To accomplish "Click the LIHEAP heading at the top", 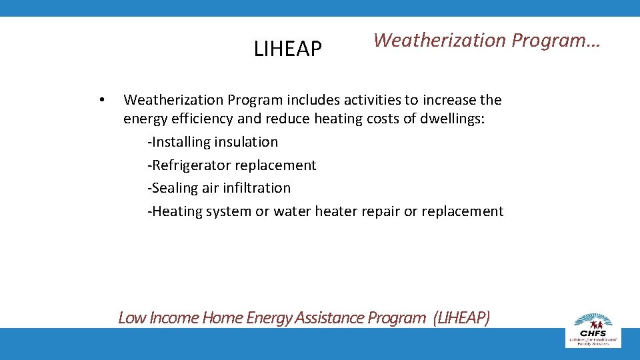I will tap(288, 49).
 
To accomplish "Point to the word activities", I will tap(369, 100).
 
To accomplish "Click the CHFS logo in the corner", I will tap(593, 329).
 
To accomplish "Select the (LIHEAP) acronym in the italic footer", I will tap(461, 318).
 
